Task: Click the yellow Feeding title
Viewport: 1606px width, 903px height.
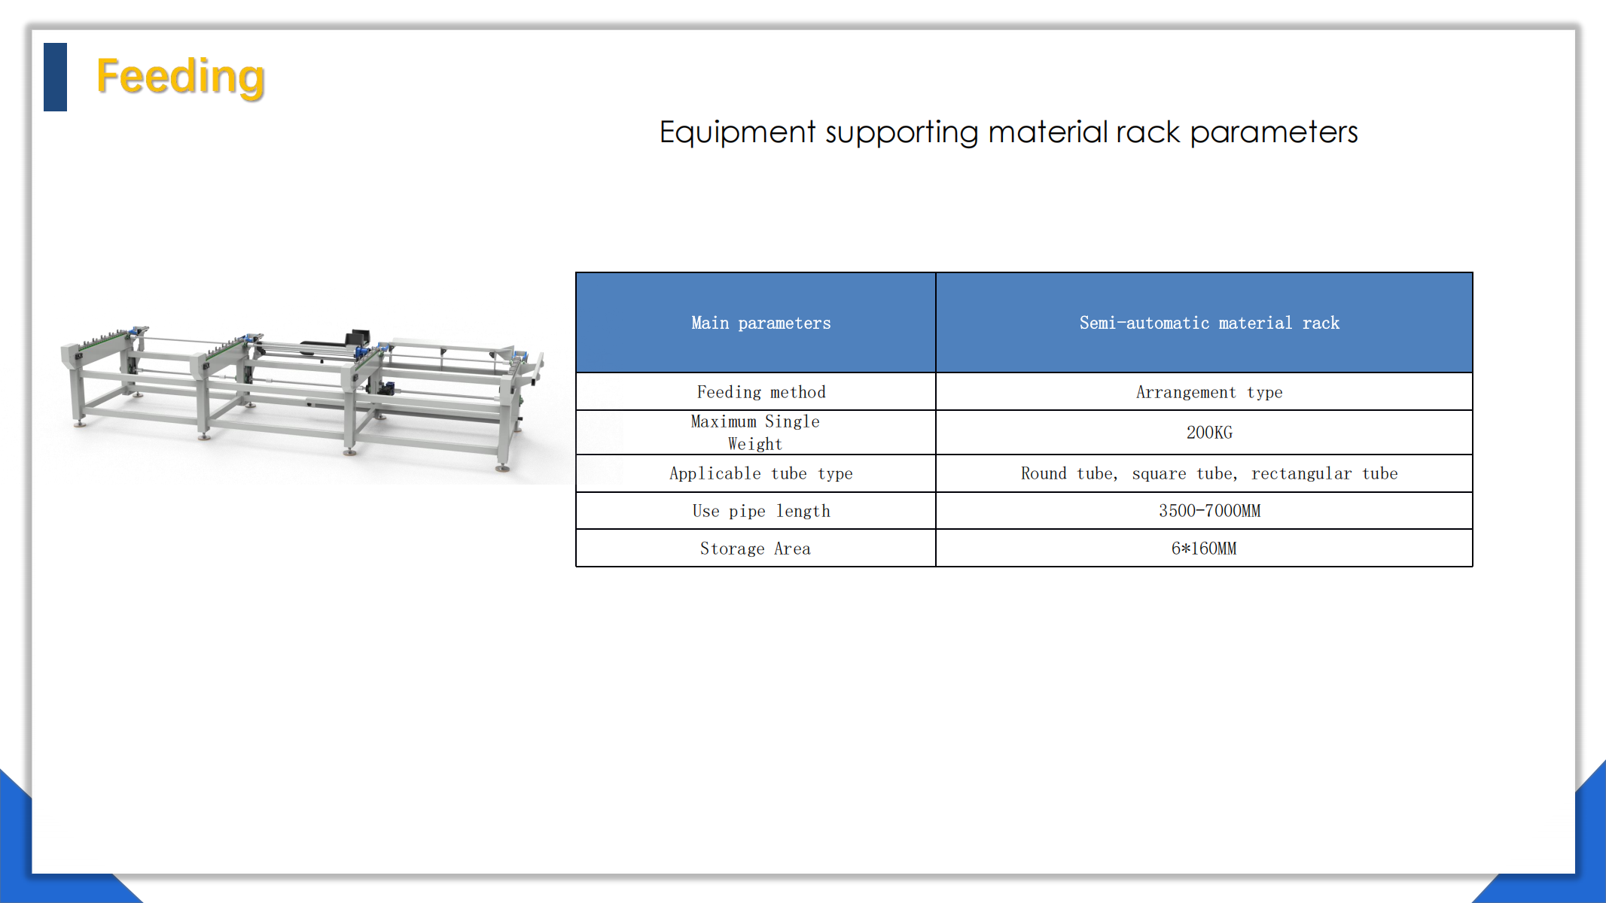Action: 181,77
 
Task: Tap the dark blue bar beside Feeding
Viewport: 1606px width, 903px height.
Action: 55,77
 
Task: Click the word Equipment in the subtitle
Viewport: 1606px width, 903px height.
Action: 737,132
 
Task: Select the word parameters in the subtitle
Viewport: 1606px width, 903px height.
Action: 1274,132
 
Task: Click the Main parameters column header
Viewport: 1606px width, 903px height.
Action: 761,323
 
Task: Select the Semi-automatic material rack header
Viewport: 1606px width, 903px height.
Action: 1209,323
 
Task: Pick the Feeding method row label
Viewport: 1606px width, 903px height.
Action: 761,392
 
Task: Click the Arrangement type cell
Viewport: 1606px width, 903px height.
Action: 1209,392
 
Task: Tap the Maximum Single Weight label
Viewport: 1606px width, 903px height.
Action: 755,433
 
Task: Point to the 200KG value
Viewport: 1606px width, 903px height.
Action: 1209,433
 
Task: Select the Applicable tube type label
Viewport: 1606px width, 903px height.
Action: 761,473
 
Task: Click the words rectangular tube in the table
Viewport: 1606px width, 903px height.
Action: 1324,473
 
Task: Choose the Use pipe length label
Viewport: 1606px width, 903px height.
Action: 761,511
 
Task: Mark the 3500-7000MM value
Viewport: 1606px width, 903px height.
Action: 1209,511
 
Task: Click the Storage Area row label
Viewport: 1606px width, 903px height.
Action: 755,549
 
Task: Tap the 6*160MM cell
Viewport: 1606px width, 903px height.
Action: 1204,549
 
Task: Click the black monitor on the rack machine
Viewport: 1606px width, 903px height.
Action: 358,336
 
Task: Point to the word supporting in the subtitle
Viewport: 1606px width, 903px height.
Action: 902,132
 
